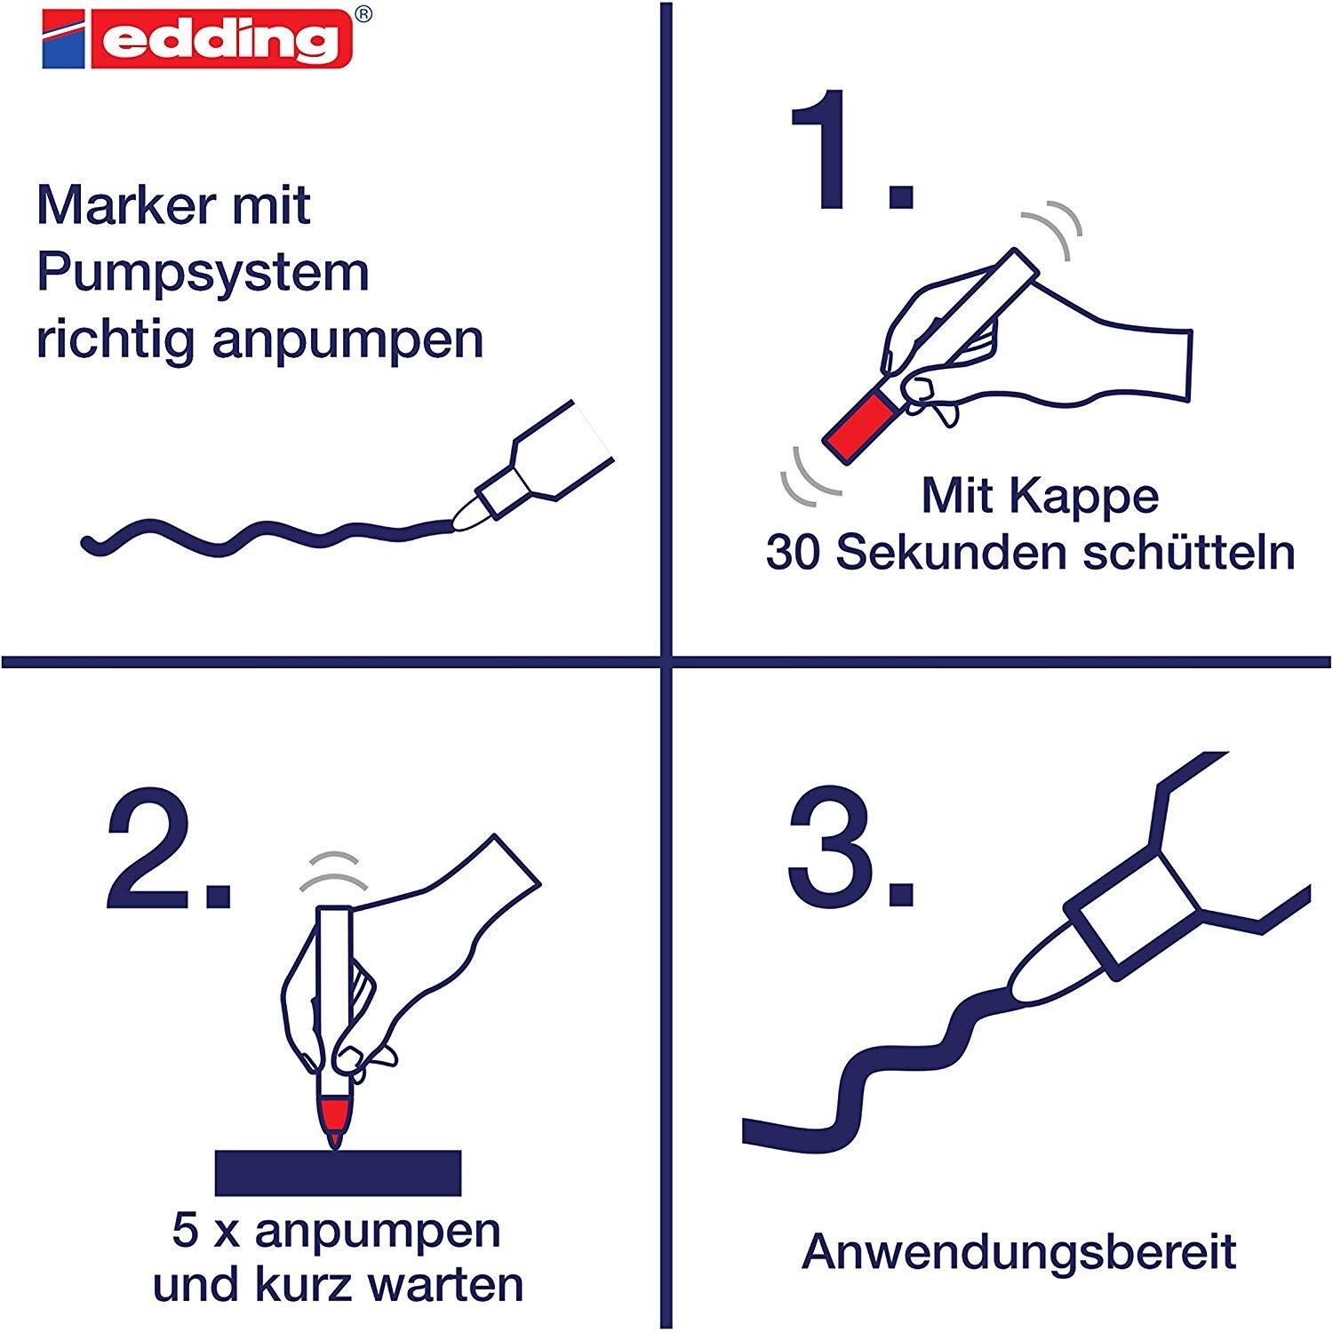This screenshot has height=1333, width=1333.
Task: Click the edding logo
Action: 197,39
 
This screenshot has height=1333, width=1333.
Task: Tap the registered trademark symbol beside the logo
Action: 363,14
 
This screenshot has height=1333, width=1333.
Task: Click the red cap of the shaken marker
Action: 858,428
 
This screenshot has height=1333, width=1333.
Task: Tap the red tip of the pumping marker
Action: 334,1122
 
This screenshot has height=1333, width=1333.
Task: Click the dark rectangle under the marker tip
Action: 339,1173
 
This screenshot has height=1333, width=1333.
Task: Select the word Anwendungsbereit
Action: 1018,1252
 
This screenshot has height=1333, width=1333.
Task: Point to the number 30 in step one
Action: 793,554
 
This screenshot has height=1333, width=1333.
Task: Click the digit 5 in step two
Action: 185,1231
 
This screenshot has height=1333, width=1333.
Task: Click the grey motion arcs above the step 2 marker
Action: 333,871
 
